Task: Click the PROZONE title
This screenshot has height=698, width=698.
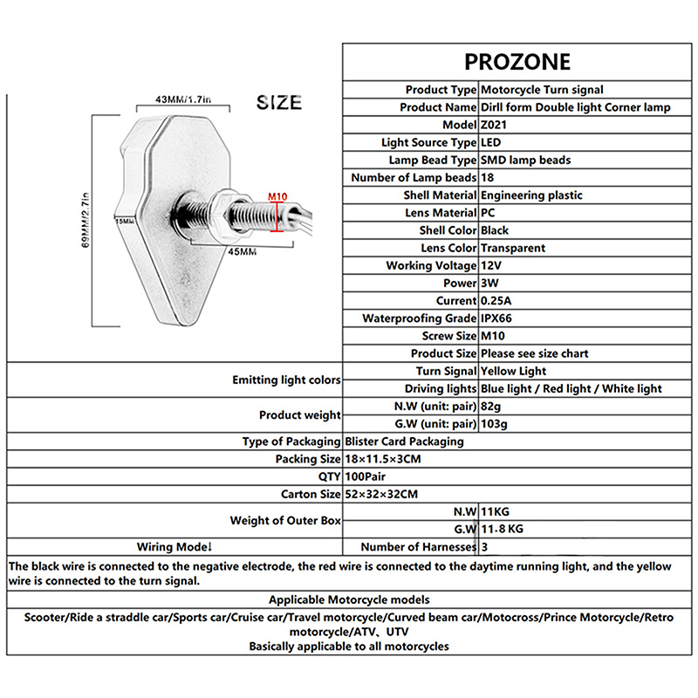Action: pos(517,61)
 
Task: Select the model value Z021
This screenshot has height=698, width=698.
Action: pos(494,125)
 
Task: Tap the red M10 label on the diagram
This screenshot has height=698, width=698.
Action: pos(277,196)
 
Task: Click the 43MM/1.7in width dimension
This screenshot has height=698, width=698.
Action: pos(182,99)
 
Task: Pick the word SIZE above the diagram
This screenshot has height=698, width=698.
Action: pos(279,103)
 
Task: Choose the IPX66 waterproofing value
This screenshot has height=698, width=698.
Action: pos(501,318)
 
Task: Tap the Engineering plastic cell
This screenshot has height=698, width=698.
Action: pos(531,195)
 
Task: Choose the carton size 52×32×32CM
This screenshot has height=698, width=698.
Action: pos(381,494)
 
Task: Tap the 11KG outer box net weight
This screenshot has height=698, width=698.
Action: pos(496,511)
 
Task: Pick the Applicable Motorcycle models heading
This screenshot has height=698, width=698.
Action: pos(349,600)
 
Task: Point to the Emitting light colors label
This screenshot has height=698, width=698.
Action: pos(285,380)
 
